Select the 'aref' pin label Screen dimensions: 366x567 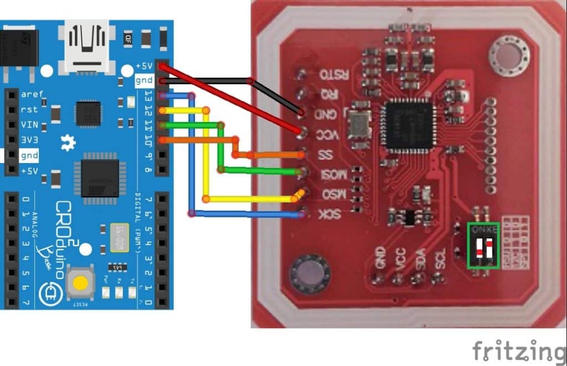click(x=31, y=94)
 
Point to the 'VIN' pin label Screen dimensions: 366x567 click(x=29, y=125)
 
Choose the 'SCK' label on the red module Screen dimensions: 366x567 click(x=330, y=215)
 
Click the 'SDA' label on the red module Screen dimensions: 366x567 click(x=420, y=261)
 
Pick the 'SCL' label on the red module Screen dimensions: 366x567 click(x=440, y=261)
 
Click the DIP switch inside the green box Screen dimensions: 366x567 click(x=483, y=246)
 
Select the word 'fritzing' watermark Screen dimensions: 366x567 click(x=518, y=350)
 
